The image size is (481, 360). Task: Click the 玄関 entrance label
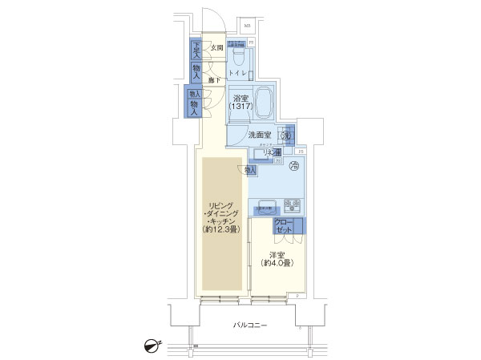pos(216,48)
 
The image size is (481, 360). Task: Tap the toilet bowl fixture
pos(238,55)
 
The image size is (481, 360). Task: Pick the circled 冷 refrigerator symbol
pos(293,165)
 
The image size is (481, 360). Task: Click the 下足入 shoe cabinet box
pos(196,50)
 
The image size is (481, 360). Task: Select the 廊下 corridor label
pos(216,80)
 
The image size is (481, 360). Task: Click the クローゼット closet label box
pos(284,225)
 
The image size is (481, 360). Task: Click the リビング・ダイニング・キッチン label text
pos(221,214)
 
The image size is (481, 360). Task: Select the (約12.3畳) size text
pos(221,232)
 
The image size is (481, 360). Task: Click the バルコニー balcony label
pos(249,325)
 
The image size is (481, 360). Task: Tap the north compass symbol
pos(150,346)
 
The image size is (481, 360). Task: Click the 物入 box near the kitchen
pos(249,169)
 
